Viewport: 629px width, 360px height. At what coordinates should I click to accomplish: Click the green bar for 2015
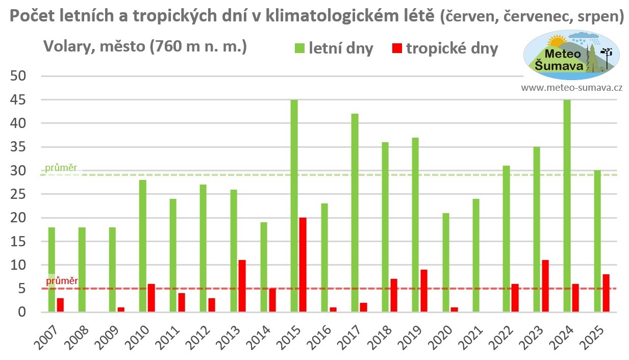(294, 206)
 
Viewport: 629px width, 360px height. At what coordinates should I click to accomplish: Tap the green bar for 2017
(355, 213)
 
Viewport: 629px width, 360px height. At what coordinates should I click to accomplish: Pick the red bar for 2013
(242, 286)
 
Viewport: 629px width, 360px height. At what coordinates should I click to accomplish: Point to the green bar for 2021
(475, 255)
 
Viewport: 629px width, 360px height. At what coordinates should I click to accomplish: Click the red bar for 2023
(545, 286)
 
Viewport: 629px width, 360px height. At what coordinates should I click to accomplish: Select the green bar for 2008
(82, 270)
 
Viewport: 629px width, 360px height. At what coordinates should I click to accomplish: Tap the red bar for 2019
(424, 291)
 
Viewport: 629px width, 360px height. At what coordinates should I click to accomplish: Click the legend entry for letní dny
(334, 49)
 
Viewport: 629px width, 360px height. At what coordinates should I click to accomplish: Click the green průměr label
(61, 168)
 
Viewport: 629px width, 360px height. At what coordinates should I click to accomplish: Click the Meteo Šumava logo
(571, 55)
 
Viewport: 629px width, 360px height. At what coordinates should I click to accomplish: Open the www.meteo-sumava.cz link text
(571, 88)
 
